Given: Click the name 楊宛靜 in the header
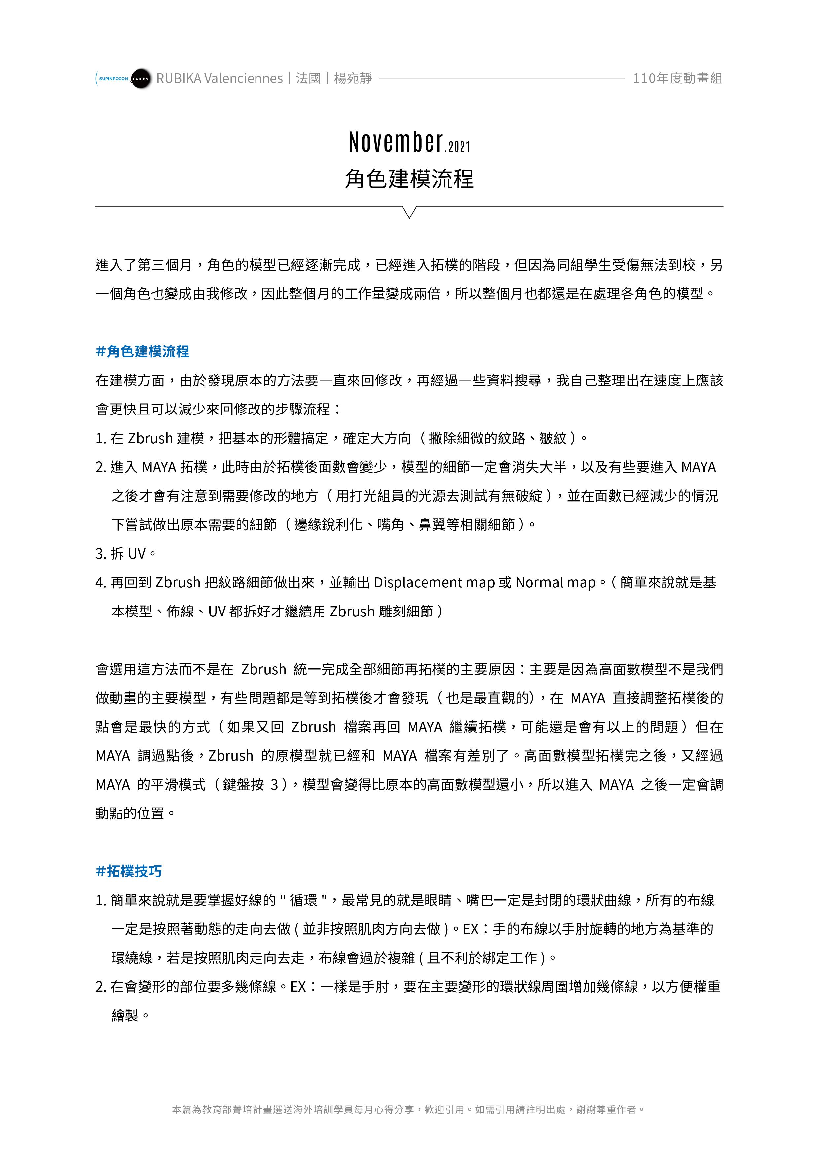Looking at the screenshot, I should point(353,78).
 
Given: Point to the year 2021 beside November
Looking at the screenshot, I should point(459,147).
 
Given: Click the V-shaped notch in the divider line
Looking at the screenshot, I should point(410,212).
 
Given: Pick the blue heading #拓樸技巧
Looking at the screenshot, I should point(129,871).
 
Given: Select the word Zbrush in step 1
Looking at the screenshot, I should point(151,438).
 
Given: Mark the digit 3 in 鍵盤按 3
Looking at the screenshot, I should point(275,785).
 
